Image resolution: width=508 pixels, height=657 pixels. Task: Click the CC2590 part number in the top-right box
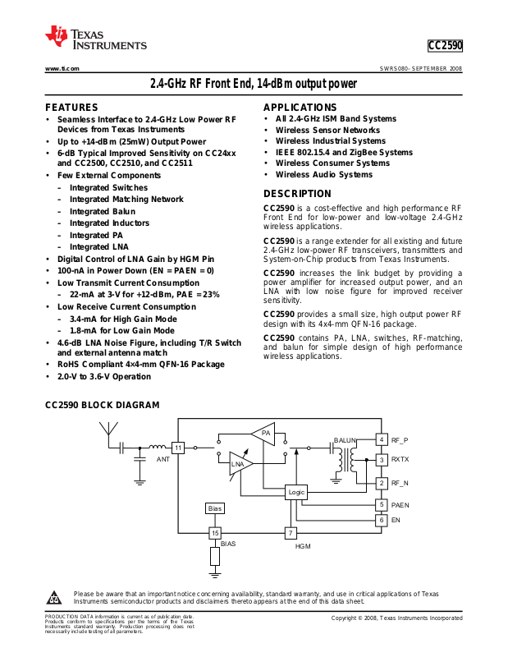tap(445, 47)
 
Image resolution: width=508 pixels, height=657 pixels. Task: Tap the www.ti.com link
tap(62, 68)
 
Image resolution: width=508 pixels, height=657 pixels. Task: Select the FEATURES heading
tap(71, 108)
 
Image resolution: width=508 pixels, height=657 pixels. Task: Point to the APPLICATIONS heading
tap(301, 108)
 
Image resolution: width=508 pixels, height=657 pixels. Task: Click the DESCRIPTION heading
tap(297, 194)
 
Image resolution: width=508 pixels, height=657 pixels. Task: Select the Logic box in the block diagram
tap(296, 492)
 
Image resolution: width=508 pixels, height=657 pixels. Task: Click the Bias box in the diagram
tap(215, 509)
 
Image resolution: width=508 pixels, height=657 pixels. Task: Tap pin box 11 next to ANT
tap(178, 448)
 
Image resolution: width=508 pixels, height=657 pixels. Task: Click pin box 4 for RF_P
tap(382, 440)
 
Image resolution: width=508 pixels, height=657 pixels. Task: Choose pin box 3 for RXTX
tap(382, 460)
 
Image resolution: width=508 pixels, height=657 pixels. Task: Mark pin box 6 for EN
tap(382, 521)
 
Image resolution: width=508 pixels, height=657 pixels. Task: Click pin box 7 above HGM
tap(291, 533)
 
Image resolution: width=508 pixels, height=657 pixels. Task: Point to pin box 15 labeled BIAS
tap(215, 533)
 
